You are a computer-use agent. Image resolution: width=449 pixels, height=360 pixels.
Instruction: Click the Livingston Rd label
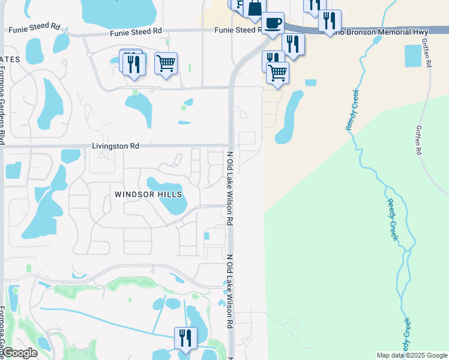click(115, 146)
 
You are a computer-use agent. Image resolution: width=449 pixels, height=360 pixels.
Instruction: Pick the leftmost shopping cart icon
click(166, 63)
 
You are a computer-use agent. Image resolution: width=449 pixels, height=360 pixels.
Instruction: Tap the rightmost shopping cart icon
click(277, 73)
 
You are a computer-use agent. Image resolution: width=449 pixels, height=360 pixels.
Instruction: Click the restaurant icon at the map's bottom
click(185, 338)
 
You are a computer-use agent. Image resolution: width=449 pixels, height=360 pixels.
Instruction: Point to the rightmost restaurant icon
click(330, 22)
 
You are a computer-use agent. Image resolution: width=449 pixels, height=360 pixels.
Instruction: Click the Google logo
click(19, 353)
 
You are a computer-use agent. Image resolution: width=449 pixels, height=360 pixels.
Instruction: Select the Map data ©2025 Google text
click(411, 355)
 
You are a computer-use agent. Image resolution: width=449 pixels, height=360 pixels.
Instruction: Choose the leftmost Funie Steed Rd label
click(34, 27)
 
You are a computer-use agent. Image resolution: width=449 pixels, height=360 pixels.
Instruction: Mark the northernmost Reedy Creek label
click(352, 110)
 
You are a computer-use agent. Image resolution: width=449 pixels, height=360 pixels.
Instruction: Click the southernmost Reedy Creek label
click(406, 336)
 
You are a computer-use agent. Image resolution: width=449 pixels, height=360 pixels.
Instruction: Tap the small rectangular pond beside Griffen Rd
click(414, 56)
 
